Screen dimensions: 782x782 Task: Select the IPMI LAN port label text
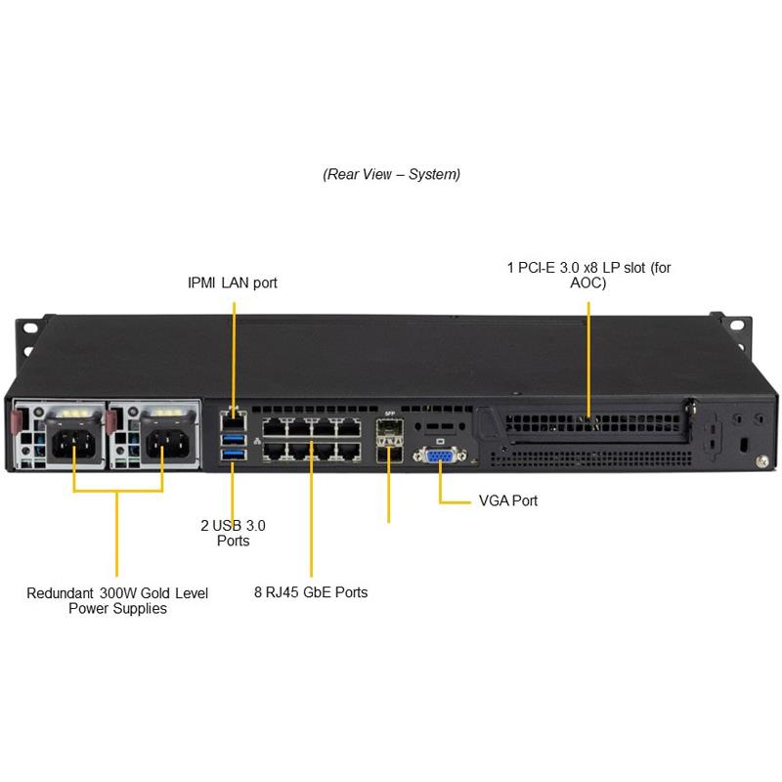tap(233, 283)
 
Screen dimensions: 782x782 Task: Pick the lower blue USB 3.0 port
tap(233, 454)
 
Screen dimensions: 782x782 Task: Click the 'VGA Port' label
tap(507, 500)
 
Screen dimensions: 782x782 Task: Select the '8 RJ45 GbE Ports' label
tap(311, 592)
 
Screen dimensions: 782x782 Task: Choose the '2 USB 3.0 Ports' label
tap(233, 533)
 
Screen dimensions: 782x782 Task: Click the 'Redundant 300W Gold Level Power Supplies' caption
tap(117, 600)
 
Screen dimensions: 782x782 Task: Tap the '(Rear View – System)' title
tap(391, 174)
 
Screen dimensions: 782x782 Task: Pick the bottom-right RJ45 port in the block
tap(347, 451)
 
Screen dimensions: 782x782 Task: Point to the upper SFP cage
tap(390, 430)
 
